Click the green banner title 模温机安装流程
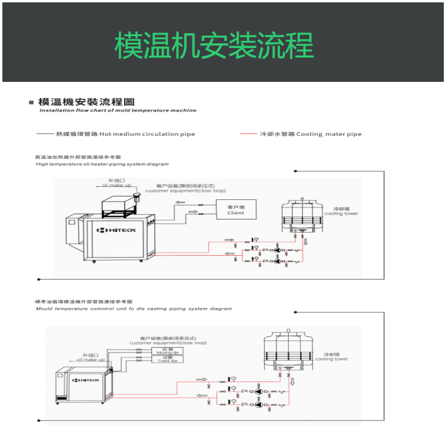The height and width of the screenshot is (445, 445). pos(214,45)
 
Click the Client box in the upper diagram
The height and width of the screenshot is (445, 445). pos(236,209)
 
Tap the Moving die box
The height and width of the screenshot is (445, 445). pos(167,352)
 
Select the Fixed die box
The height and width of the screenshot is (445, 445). pos(167,360)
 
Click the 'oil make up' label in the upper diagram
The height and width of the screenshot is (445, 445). pos(116,185)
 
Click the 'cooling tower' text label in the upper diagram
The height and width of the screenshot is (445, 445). pos(341,214)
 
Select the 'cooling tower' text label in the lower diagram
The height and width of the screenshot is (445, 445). pos(332,359)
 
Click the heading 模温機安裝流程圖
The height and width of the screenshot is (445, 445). pos(86,102)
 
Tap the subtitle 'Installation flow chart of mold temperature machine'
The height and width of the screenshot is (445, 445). pos(117,110)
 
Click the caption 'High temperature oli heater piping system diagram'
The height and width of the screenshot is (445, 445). pos(102,164)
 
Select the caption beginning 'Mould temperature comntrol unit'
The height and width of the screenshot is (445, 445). pos(133,309)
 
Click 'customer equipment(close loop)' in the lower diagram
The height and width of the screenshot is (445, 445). pos(168,343)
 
